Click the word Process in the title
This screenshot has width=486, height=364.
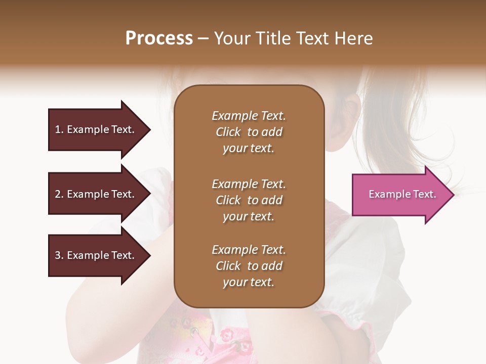tap(159, 38)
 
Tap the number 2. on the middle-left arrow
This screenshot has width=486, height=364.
tap(59, 194)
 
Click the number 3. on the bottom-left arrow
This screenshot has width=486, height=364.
tap(59, 255)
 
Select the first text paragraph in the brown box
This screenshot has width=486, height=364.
tap(249, 132)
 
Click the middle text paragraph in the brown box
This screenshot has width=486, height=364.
tap(249, 200)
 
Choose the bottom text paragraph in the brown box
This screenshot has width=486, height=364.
tap(249, 266)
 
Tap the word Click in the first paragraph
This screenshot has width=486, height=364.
tap(228, 132)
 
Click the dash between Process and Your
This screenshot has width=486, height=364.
tap(204, 39)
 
